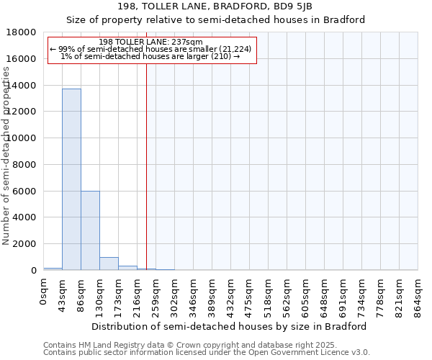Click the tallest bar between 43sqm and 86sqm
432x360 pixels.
(71, 179)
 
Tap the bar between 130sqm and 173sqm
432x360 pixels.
(109, 264)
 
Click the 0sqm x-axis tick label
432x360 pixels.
(44, 292)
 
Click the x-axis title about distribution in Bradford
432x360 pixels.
(228, 326)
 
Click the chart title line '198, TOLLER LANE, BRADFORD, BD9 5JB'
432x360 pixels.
(216, 6)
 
